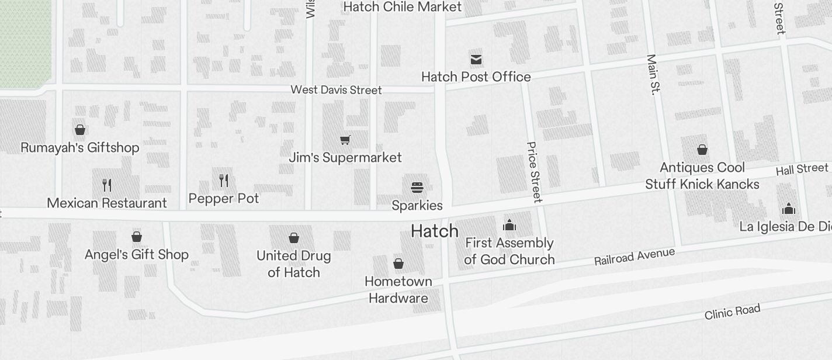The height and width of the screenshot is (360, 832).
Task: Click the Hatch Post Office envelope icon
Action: (476, 59)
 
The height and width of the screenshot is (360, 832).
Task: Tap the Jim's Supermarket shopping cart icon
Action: (345, 140)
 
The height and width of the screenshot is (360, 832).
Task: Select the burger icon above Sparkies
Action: (417, 188)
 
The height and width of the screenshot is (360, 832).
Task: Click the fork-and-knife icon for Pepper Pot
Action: (224, 181)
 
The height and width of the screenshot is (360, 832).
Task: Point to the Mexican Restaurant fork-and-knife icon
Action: (106, 185)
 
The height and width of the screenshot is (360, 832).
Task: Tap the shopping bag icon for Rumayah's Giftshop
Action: (80, 130)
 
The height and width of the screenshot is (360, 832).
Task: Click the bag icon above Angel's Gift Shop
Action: (137, 237)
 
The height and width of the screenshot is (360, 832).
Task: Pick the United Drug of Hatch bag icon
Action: (294, 238)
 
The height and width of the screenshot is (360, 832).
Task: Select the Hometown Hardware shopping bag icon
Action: (398, 264)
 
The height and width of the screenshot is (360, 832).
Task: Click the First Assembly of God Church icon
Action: (509, 225)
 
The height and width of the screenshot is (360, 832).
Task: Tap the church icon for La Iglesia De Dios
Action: (789, 209)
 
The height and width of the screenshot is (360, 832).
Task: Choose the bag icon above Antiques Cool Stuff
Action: (702, 150)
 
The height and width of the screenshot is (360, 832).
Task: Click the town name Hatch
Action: (434, 231)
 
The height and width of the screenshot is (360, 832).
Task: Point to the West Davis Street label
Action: (336, 90)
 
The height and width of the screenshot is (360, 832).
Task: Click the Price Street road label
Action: (533, 172)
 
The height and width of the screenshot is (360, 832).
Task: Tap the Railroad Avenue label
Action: (635, 257)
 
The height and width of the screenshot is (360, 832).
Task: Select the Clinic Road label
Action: (732, 312)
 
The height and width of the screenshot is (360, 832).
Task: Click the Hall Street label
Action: (802, 169)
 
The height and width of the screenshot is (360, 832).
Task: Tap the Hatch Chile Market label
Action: (403, 7)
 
